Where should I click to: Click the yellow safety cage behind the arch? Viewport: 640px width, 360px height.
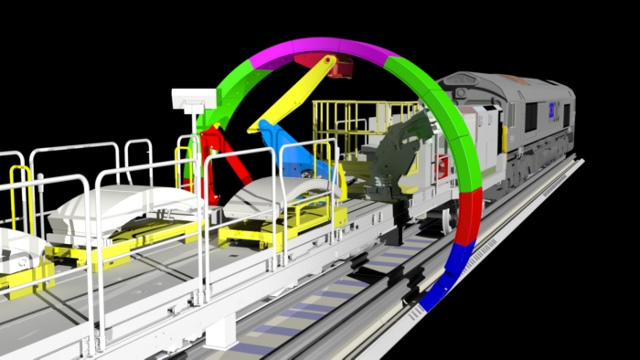[x=357, y=119]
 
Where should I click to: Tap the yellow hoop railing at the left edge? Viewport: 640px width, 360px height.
[x=18, y=192]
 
